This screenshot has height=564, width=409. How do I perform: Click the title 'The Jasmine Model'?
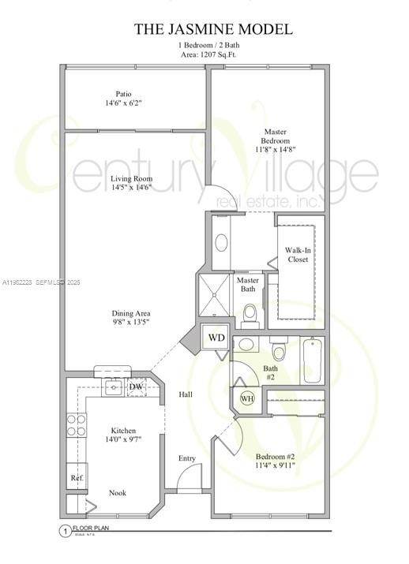(x=212, y=29)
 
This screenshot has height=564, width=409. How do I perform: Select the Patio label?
(x=123, y=94)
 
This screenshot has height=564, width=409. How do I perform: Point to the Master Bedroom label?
(x=276, y=136)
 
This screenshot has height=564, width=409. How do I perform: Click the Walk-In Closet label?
(x=297, y=254)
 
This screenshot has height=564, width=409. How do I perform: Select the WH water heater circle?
(x=246, y=398)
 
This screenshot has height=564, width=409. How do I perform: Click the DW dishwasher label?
(x=136, y=387)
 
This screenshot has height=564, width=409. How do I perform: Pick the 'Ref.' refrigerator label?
(x=77, y=478)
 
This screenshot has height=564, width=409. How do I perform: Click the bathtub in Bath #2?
(x=313, y=360)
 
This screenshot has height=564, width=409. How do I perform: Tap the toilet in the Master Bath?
(x=250, y=313)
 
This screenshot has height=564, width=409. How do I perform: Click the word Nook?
(x=118, y=492)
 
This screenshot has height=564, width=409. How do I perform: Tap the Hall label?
(x=186, y=394)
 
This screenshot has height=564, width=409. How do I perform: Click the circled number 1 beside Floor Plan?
(x=65, y=532)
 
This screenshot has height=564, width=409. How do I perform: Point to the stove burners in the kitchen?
(x=76, y=426)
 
